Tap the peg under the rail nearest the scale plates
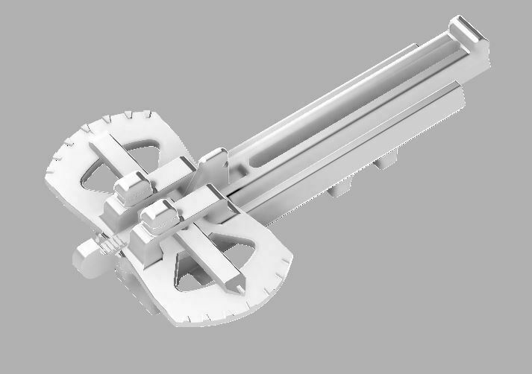(x=339, y=188)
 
